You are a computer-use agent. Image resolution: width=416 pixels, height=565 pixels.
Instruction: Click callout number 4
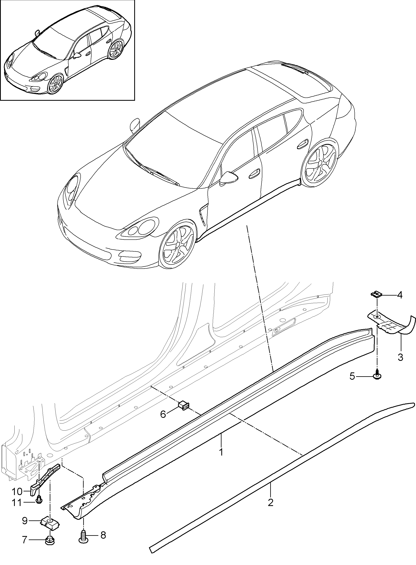pyautogui.click(x=400, y=295)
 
